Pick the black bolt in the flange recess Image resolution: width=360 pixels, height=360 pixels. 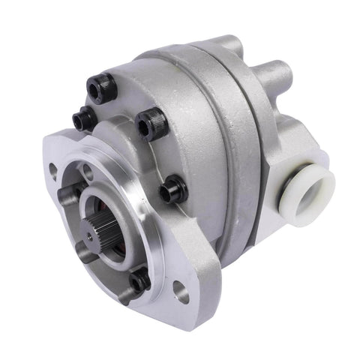point(140,282)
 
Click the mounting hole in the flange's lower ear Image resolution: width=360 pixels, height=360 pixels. point(181,292)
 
